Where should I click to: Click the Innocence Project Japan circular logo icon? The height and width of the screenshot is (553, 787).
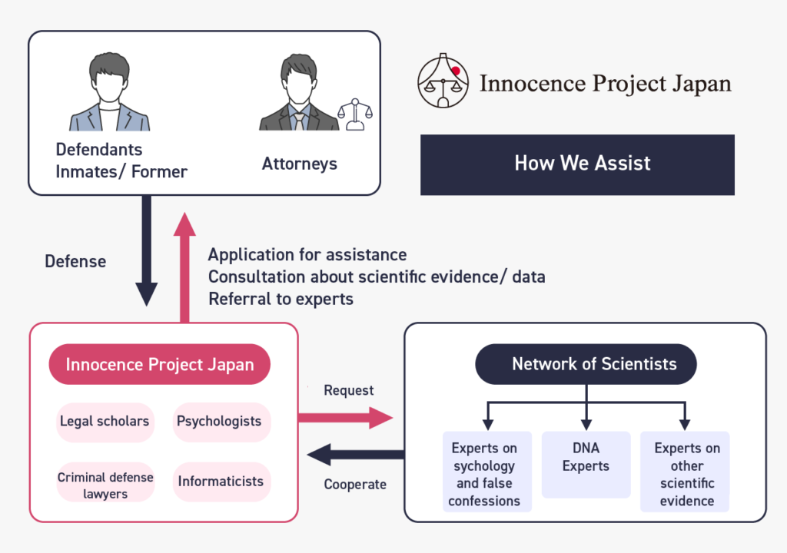(x=443, y=81)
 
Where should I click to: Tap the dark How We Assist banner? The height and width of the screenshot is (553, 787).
(x=577, y=164)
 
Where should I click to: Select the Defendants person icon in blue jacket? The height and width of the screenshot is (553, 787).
(x=109, y=92)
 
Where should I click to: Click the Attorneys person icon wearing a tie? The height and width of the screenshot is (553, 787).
(x=298, y=92)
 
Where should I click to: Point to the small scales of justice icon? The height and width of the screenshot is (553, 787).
(x=355, y=114)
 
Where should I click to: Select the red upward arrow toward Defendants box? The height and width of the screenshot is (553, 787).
(x=184, y=265)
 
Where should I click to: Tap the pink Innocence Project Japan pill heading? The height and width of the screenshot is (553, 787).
(x=160, y=364)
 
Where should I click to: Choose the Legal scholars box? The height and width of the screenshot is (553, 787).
(x=105, y=422)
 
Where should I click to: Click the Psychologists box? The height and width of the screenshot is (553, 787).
(x=220, y=422)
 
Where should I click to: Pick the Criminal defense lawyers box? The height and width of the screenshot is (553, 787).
(x=105, y=485)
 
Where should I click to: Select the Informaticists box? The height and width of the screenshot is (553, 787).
(x=221, y=482)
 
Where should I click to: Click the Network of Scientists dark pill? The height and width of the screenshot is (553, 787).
(x=586, y=364)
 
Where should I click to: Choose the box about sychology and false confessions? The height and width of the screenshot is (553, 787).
(x=485, y=473)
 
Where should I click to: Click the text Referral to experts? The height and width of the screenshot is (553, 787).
(x=281, y=299)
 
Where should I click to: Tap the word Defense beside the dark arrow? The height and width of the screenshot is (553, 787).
(x=75, y=261)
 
